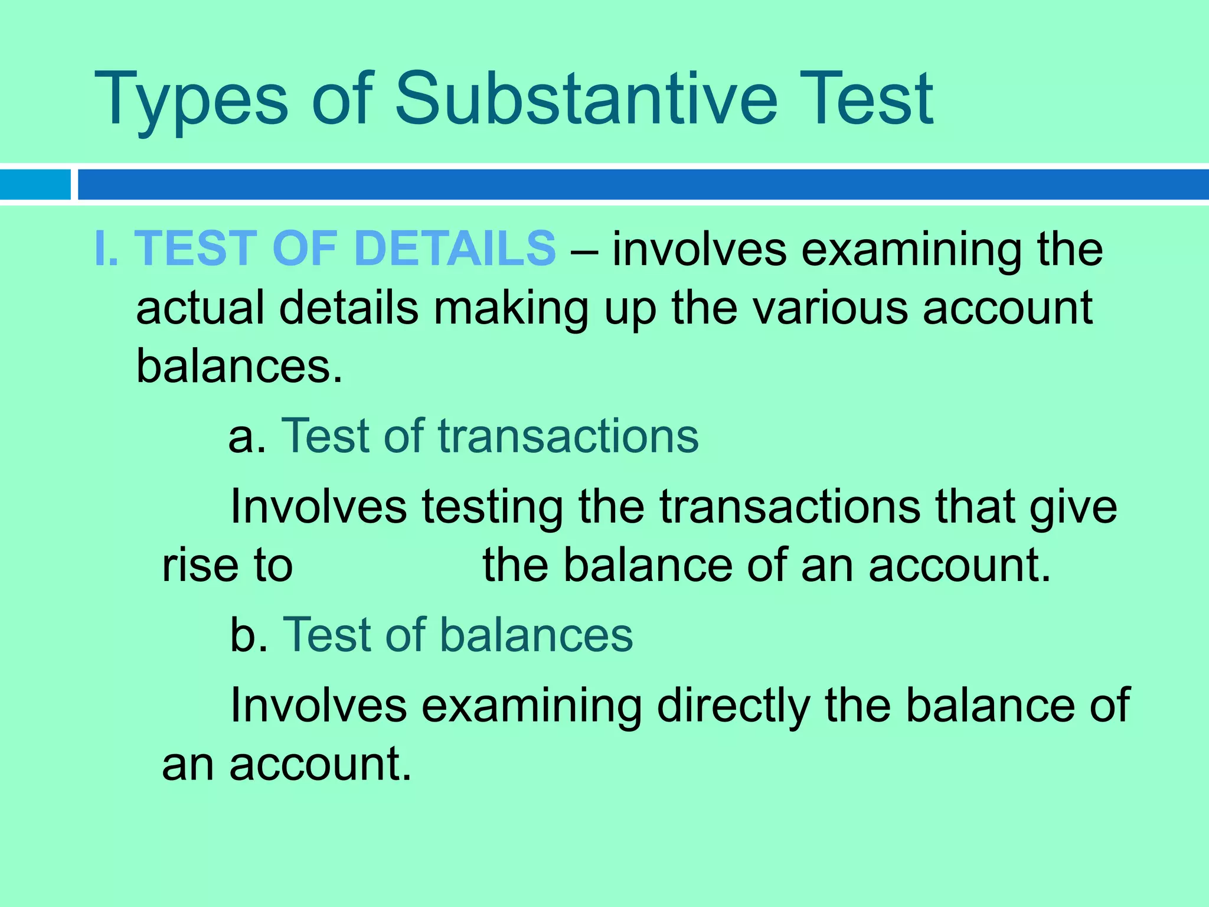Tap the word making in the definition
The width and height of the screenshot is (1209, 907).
pyautogui.click(x=511, y=309)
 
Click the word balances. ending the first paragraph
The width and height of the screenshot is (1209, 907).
pyautogui.click(x=239, y=366)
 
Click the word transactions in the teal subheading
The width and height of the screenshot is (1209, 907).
pyautogui.click(x=568, y=436)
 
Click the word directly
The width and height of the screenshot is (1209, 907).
pyautogui.click(x=733, y=706)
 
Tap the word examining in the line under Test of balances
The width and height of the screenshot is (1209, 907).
pyautogui.click(x=531, y=706)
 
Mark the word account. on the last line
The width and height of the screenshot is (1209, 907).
pyautogui.click(x=320, y=765)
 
